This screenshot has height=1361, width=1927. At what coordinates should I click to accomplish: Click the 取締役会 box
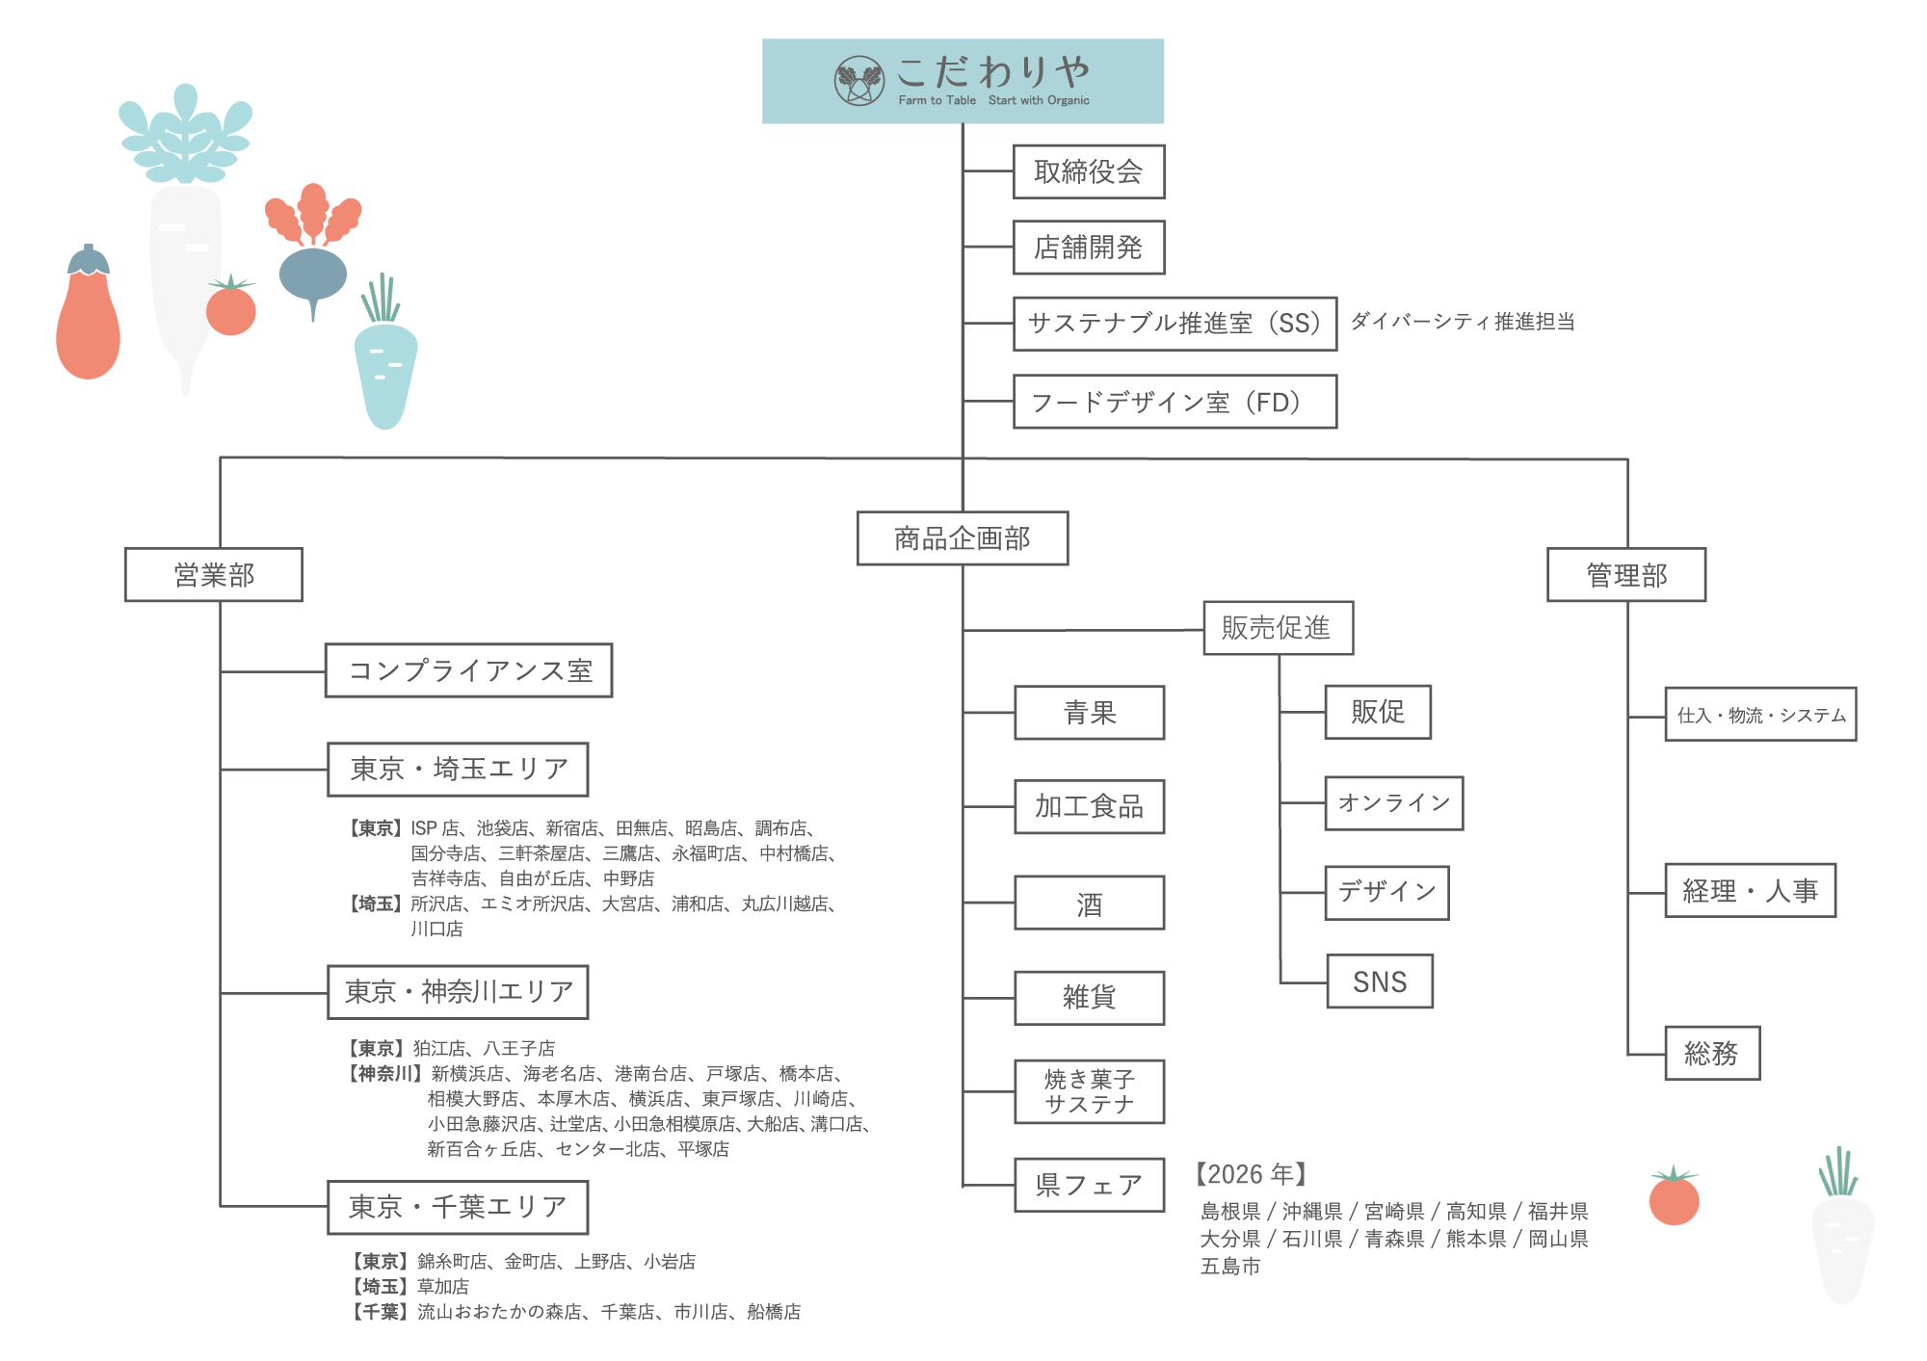coord(1088,171)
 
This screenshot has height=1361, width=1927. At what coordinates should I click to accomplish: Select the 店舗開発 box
coord(1088,248)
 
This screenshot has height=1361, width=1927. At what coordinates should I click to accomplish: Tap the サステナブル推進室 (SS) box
coord(1174,324)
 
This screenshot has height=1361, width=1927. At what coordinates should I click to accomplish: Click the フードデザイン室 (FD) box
coord(1174,402)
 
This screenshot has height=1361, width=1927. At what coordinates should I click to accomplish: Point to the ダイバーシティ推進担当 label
coord(1462,322)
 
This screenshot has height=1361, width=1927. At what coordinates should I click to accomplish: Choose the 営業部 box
coord(213,575)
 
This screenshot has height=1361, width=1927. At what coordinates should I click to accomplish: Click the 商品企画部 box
coord(962,538)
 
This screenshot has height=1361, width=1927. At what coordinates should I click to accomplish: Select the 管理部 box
coord(1625,575)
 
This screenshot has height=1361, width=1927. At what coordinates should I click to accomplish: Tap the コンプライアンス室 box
coord(468,670)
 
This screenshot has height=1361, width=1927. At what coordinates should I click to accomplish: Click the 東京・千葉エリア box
coord(457,1207)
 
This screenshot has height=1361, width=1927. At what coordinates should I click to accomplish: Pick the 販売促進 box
coord(1278,628)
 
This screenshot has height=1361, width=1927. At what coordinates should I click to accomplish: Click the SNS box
coord(1379,981)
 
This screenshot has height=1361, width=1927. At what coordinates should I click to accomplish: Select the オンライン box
coord(1393,803)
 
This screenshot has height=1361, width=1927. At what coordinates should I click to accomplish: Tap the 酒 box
coord(1089,903)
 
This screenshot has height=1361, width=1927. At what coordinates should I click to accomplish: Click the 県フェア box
coord(1089,1185)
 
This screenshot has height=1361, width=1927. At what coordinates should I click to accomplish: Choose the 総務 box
coord(1711,1053)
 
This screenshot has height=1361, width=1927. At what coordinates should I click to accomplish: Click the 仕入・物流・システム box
coord(1759,715)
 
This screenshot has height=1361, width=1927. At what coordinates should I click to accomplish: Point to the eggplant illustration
coord(88,318)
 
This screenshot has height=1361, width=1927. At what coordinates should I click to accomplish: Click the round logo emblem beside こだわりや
coord(858,81)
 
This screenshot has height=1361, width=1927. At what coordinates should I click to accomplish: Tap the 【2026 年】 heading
coord(1251,1174)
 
